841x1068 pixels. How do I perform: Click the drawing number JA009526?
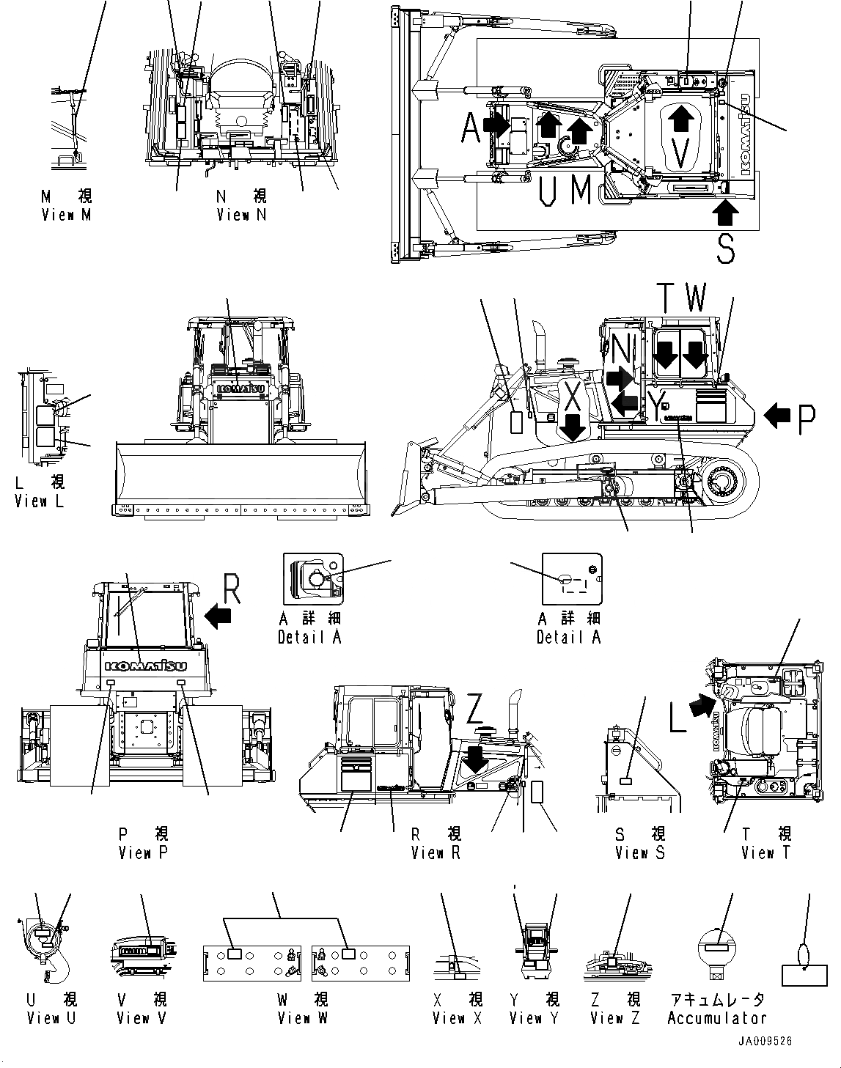[766, 1042]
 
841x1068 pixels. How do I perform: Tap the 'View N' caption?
[241, 215]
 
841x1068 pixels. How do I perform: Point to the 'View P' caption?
[144, 853]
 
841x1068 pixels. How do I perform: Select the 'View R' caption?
[436, 853]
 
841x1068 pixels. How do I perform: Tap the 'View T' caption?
[766, 853]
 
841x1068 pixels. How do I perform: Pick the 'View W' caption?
[303, 1018]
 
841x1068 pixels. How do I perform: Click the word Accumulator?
[716, 1018]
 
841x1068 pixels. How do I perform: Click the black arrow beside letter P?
[777, 416]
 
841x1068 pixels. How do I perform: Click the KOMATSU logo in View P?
[146, 666]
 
